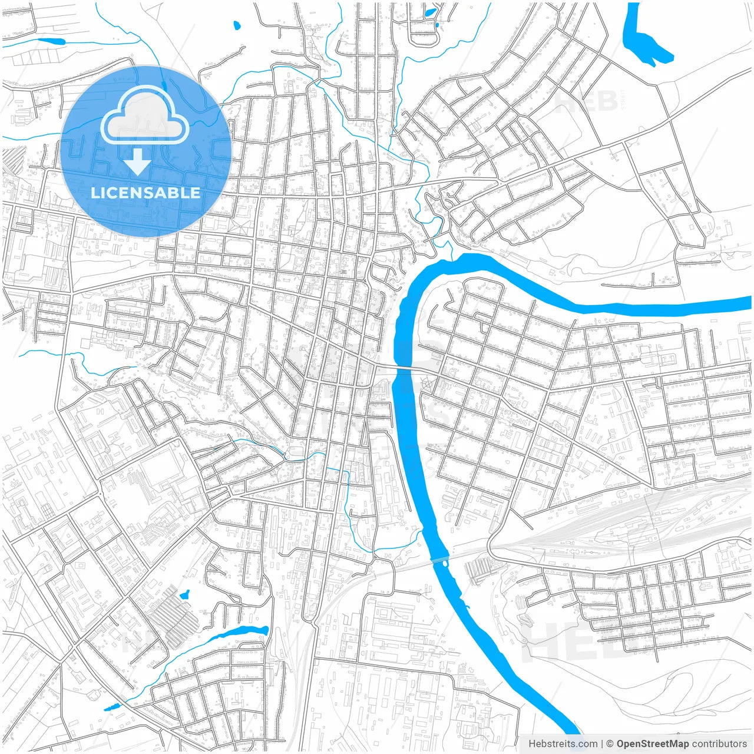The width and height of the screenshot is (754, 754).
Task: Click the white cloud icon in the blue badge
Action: click(144, 115)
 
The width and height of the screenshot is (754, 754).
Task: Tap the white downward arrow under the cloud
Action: click(138, 162)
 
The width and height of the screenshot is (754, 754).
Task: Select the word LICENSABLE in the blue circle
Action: click(145, 193)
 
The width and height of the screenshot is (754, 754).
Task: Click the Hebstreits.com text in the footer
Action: click(563, 744)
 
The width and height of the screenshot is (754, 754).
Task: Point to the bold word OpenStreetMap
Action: click(653, 744)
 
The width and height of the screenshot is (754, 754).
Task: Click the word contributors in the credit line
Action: click(719, 744)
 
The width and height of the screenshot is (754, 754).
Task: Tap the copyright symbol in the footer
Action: click(610, 744)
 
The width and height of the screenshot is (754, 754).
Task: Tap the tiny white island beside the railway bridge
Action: click(444, 563)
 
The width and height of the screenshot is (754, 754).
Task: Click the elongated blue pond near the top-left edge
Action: click(49, 41)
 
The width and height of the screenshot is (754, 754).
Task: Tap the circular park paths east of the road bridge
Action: click(429, 385)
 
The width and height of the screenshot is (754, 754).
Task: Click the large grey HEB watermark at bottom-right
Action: click(565, 639)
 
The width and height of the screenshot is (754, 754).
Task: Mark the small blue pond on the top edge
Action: click(430, 12)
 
